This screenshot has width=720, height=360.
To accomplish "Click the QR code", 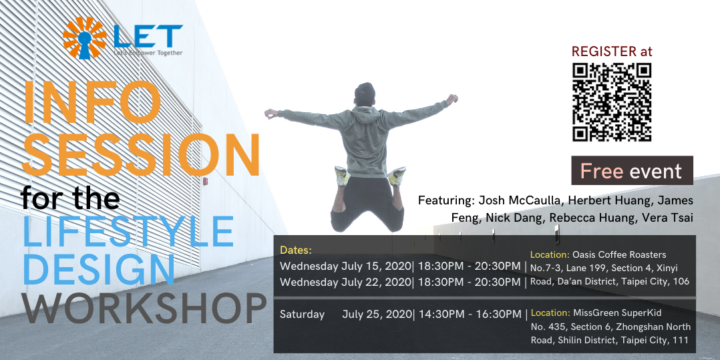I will coord(612,102).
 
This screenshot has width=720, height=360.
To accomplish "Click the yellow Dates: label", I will coord(296,250).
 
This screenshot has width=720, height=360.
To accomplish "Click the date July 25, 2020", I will coord(377,313).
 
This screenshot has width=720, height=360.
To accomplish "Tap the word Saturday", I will coord(302,313).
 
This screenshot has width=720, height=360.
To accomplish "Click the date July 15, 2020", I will coord(377,266).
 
